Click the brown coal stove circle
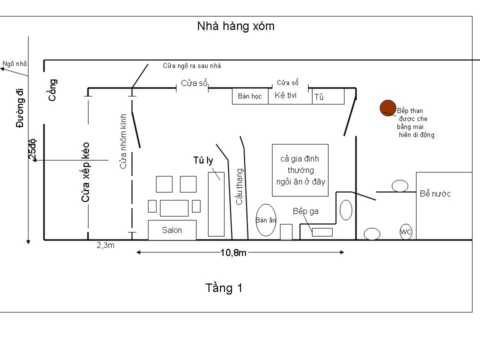point(388,108)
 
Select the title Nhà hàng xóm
point(235,26)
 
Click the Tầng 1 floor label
point(224,288)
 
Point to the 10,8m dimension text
point(233,253)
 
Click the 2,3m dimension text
point(105,245)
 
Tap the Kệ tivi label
point(285,95)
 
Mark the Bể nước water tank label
point(435,193)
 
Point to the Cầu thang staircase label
point(239,186)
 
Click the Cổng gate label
point(52,90)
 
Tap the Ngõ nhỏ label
point(14,63)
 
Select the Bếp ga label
point(305,211)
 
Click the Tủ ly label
point(203,160)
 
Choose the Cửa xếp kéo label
point(85,172)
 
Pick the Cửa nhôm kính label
point(123,141)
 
